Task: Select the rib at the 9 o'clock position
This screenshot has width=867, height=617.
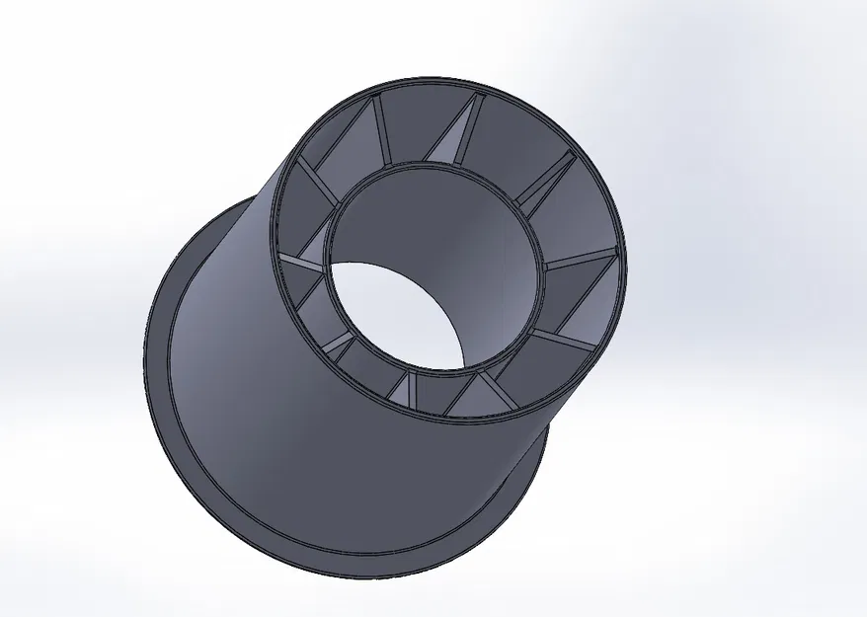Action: coord(300,261)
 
